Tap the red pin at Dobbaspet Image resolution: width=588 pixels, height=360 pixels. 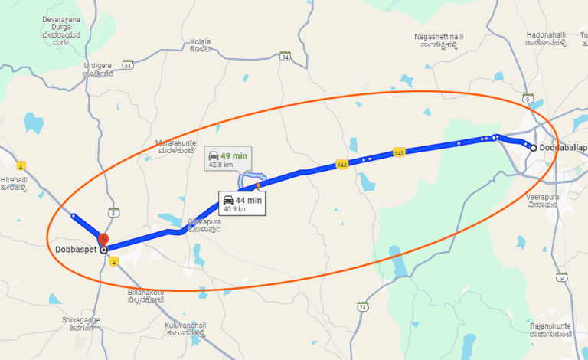click(x=103, y=240)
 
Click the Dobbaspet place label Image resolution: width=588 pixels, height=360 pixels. click(x=75, y=250)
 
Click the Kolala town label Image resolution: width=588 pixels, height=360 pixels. click(x=200, y=44)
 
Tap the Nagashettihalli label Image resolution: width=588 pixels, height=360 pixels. click(x=439, y=41)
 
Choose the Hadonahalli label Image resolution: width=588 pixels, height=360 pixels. click(x=546, y=39)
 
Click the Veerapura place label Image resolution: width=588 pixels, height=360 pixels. click(x=544, y=201)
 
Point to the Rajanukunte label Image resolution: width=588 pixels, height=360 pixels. click(x=550, y=330)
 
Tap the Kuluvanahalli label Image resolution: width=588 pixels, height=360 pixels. click(x=185, y=329)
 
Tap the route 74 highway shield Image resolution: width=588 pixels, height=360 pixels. click(x=362, y=306)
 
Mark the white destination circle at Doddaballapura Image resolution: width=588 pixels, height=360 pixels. click(x=533, y=148)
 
